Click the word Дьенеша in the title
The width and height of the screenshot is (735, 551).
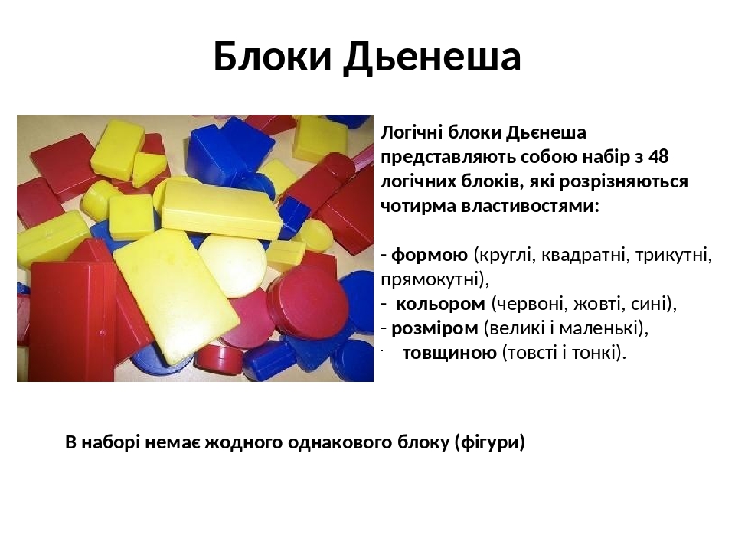[x=432, y=57]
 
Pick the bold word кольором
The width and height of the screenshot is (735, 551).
[x=440, y=304]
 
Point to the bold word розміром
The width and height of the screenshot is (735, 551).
[x=434, y=328]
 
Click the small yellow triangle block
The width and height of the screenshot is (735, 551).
[x=149, y=169]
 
